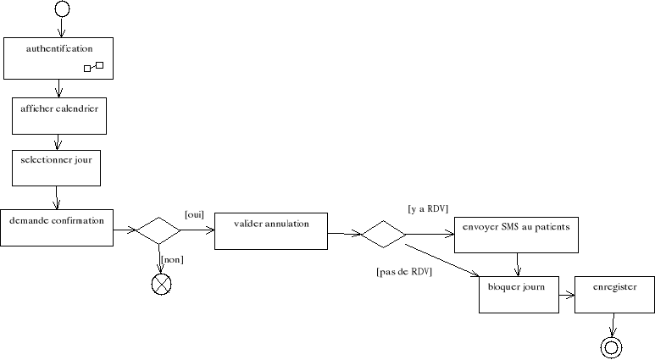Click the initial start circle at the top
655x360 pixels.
pos(61,9)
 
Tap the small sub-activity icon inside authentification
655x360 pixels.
pos(93,67)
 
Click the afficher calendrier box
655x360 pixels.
pos(58,116)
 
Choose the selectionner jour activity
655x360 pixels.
pos(56,168)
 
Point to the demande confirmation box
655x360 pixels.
pos(56,227)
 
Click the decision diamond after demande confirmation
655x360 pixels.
pos(159,230)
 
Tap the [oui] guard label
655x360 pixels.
pos(193,214)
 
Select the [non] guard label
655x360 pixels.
pos(172,259)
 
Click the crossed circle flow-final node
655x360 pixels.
pos(160,285)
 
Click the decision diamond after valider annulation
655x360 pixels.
pos(383,233)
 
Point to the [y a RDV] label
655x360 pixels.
pos(427,208)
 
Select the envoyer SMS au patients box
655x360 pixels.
pos(516,235)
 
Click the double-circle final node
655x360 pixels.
pos(611,346)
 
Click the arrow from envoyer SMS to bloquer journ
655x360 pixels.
pos(517,264)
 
